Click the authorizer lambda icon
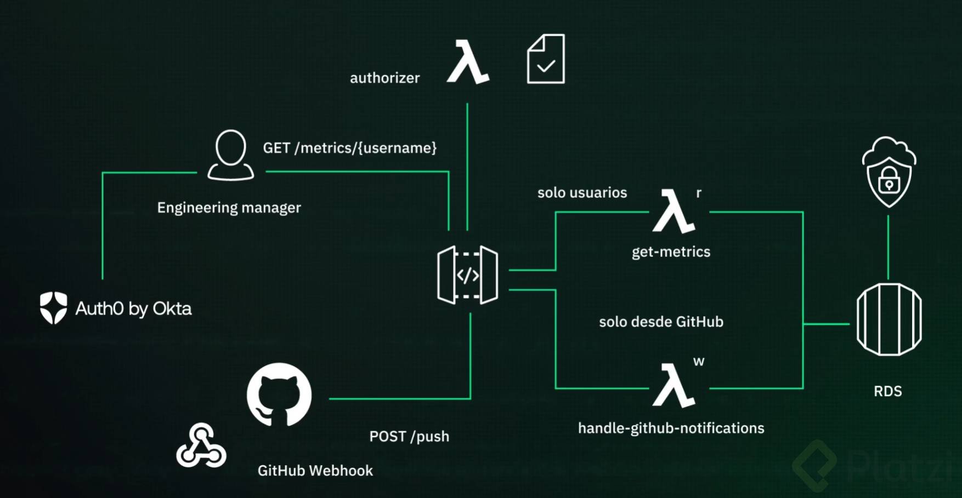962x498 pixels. pos(468,61)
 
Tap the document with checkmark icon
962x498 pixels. pos(545,59)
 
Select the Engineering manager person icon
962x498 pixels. pos(230,155)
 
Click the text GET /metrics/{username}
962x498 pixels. pos(349,148)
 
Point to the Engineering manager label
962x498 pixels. pos(229,208)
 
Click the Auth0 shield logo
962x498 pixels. pos(53,307)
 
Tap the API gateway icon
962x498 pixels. pos(468,275)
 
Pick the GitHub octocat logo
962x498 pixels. pos(279,394)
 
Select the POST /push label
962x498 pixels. pos(409,436)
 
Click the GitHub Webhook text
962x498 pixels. pos(315,471)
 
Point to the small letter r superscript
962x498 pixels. pos(699,193)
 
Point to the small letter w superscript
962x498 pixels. pos(698,362)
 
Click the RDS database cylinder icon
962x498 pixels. pos(889,319)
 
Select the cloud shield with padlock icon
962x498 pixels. pos(889,172)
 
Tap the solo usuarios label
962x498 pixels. pos(582,193)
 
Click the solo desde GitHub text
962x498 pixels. pos(661,322)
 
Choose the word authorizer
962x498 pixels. pos(384,78)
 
